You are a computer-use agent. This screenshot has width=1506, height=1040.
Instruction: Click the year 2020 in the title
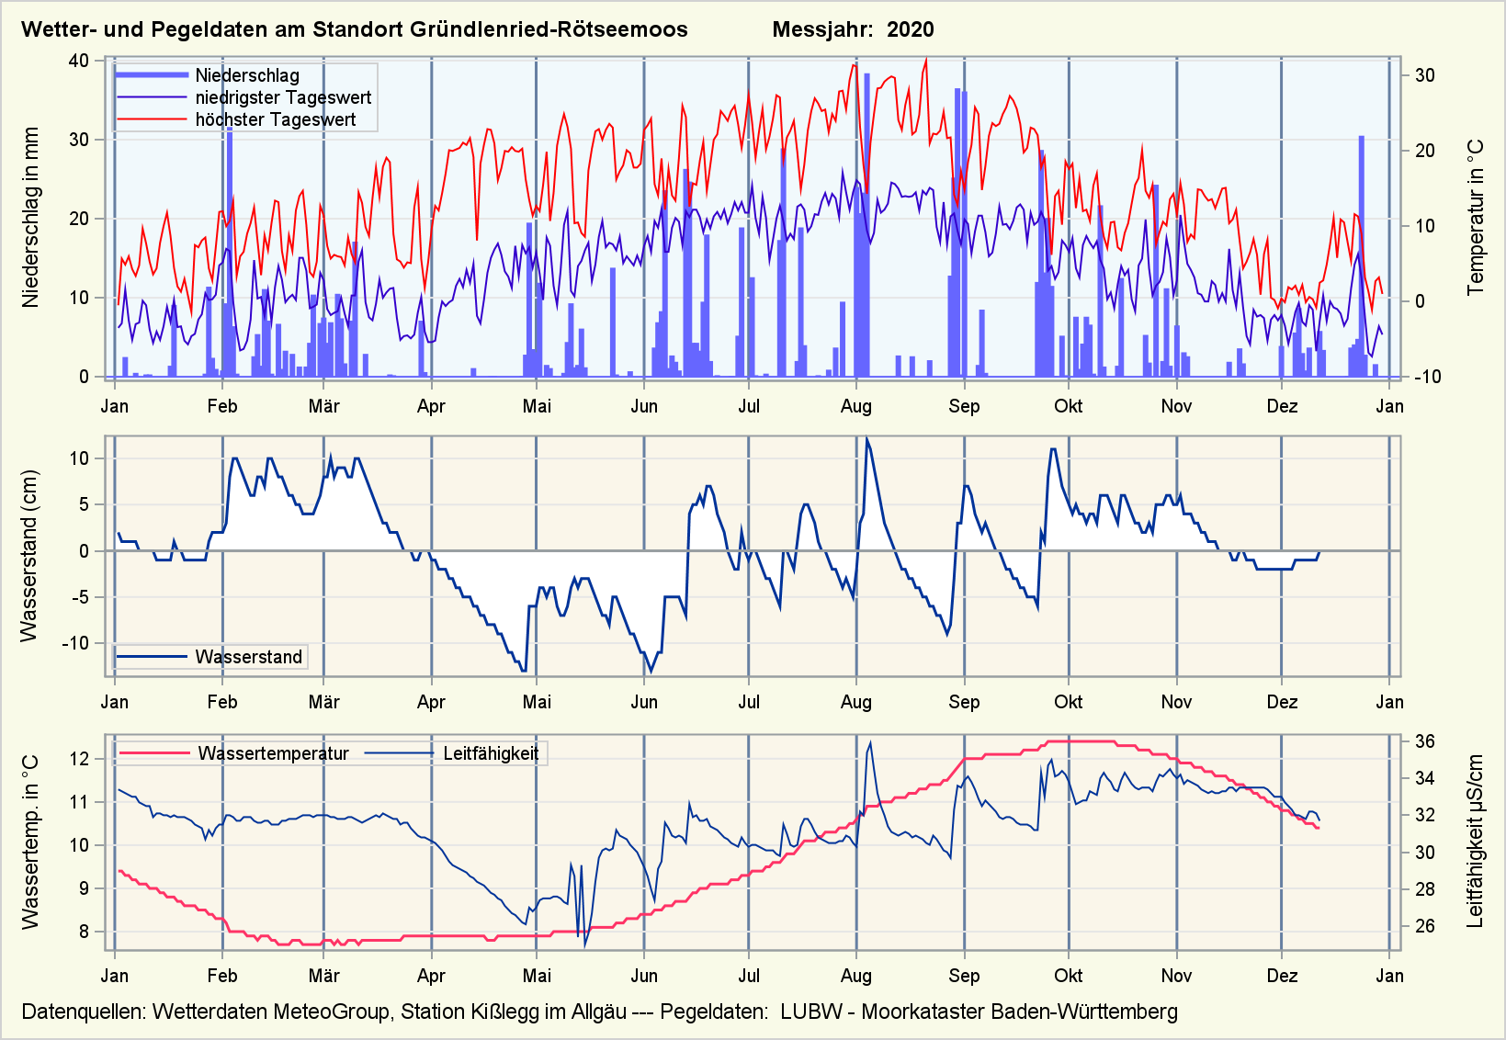click(910, 29)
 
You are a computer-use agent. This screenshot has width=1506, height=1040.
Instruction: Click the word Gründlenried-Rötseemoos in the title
click(549, 29)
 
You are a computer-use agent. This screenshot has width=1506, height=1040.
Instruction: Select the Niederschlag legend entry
click(246, 75)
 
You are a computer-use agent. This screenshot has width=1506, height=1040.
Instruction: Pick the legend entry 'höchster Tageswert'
click(275, 119)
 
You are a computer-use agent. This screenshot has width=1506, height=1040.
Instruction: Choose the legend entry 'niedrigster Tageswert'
click(283, 97)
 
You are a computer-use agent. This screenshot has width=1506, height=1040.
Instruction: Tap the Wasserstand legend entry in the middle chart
click(248, 657)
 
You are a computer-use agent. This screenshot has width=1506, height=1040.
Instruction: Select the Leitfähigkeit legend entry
click(491, 753)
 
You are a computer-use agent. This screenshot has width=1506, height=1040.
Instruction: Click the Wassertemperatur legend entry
click(273, 753)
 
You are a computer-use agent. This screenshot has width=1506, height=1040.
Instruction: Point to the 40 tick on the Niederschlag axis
click(79, 61)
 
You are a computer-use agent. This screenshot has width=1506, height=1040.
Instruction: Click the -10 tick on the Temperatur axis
click(1427, 377)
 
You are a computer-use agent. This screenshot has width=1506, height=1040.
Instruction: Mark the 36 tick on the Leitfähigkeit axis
click(1424, 741)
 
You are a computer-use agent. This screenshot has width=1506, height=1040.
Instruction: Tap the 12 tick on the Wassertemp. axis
click(79, 759)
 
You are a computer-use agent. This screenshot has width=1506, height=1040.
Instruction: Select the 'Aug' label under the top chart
click(855, 406)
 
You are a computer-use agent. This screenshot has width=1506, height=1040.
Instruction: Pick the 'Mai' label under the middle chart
click(537, 702)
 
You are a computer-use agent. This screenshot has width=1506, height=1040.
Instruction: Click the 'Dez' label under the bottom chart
click(1282, 976)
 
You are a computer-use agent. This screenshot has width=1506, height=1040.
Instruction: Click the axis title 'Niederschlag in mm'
click(31, 218)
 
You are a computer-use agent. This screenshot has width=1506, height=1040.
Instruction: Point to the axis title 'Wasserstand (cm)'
click(29, 556)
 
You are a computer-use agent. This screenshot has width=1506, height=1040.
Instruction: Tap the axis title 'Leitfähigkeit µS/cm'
click(1476, 842)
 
